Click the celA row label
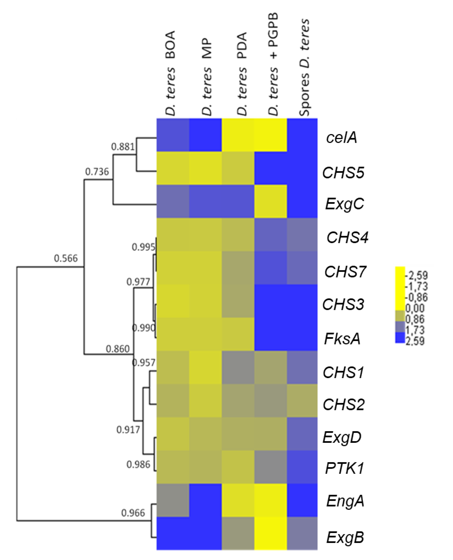tap(341, 137)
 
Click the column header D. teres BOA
tap(170, 73)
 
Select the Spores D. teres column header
tap(304, 67)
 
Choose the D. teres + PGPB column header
tap(273, 64)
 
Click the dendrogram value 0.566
tap(66, 258)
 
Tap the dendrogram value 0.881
tap(123, 147)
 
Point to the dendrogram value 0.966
tap(133, 513)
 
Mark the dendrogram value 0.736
tap(97, 172)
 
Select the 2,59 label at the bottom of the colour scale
tap(415, 341)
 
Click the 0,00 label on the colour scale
tap(415, 308)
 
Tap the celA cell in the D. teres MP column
tap(205, 135)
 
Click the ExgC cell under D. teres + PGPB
tap(271, 201)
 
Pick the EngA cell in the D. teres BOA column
tap(173, 500)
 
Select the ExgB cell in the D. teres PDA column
tap(238, 533)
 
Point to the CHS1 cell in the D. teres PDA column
tap(238, 367)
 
